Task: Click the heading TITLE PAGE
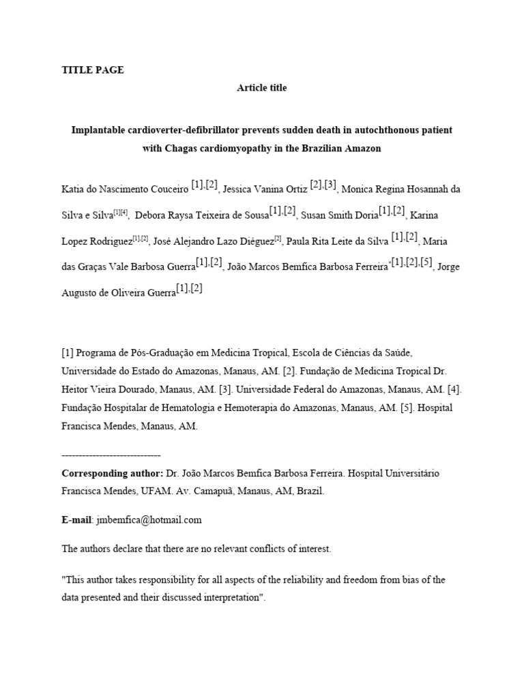pos(93,70)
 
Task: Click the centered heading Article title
pos(262,88)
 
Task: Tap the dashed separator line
pos(111,455)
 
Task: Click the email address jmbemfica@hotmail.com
pos(149,519)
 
